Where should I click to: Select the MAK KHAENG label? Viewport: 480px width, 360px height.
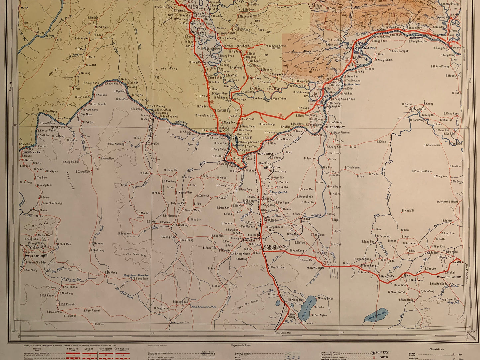point(276,246)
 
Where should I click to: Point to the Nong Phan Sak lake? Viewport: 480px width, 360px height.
point(376,318)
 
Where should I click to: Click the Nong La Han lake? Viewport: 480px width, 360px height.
point(306,308)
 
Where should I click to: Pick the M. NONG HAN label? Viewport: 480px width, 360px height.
point(315,267)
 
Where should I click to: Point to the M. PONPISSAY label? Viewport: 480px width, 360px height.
point(336,127)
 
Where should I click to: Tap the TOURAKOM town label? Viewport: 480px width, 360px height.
point(226,33)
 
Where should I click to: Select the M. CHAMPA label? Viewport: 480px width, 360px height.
point(457,262)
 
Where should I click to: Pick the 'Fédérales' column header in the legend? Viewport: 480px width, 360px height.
point(72,349)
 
